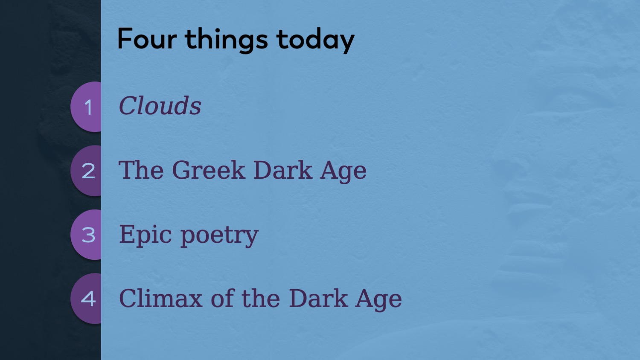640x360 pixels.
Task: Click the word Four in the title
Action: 147,39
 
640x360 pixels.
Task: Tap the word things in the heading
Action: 226,41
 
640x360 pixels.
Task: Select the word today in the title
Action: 315,41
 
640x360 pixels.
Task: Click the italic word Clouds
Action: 160,105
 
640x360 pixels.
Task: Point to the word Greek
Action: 209,170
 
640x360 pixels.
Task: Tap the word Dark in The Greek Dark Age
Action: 282,170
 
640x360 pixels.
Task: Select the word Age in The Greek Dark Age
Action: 343,171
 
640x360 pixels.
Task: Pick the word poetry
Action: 219,235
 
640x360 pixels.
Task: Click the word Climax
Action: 160,298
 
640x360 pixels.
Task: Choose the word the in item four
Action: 261,298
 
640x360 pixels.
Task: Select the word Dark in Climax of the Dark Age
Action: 318,298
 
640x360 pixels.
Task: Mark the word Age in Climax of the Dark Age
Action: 378,299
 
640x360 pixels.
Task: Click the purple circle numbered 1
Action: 86,107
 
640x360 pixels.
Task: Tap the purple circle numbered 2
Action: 86,171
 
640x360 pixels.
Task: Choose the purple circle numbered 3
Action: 86,235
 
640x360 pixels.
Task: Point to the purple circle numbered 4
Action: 86,298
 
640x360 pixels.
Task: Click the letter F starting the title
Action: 125,39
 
